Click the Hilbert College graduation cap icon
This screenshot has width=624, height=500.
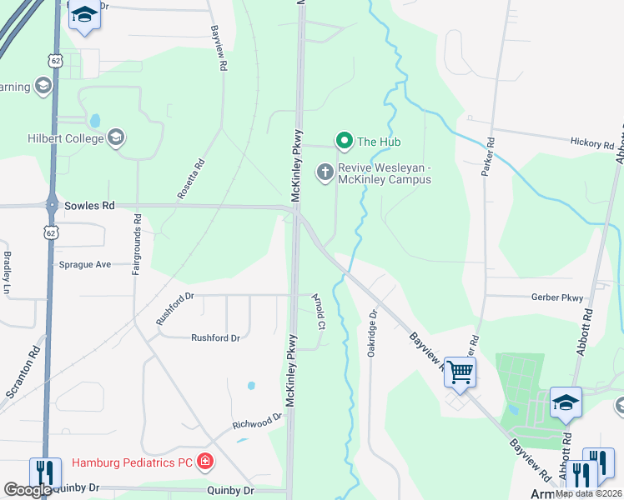(x=116, y=137)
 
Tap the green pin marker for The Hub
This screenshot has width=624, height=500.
(x=343, y=142)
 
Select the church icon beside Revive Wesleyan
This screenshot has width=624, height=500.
(x=325, y=172)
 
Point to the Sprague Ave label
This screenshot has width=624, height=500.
(x=85, y=264)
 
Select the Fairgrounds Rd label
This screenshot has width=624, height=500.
(x=137, y=245)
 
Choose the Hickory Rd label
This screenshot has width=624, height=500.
(x=592, y=144)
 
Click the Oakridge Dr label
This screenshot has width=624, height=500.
(x=373, y=333)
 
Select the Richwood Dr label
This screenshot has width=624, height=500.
(x=258, y=422)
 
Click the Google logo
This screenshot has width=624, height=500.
(x=28, y=490)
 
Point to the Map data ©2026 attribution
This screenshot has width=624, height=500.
(x=588, y=493)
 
